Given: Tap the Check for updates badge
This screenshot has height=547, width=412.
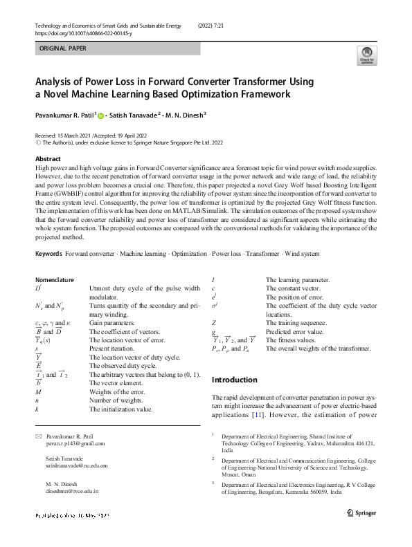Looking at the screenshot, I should (x=366, y=56).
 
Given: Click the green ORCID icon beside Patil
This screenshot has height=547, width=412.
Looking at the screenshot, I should (x=100, y=116).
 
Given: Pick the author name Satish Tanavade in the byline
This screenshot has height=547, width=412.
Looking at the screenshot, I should (x=132, y=116).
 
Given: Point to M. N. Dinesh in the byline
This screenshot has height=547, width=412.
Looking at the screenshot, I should (x=186, y=116).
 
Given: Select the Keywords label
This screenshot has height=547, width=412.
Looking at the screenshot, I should (x=49, y=254).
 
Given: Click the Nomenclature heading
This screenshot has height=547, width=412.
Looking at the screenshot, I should (x=55, y=279).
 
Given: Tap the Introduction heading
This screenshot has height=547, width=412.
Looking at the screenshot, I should (x=234, y=380).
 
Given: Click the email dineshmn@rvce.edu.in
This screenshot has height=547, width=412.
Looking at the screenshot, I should (x=72, y=490).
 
